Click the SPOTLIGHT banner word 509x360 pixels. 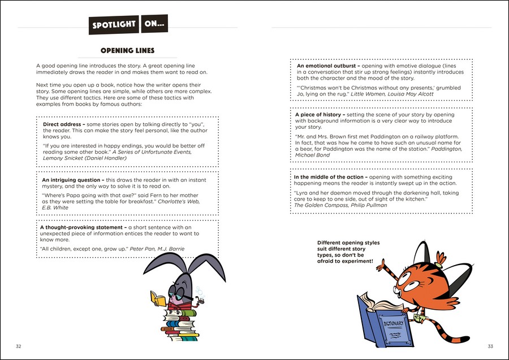pos(114,24)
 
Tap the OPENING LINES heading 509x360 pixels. pos(127,51)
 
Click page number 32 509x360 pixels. pos(19,346)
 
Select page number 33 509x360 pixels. pos(490,346)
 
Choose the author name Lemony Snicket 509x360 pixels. pos(63,158)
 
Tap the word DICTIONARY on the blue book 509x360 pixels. pos(394,324)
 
